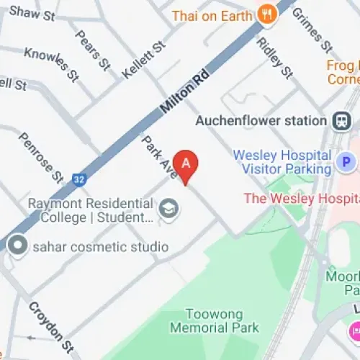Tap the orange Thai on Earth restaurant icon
(268, 14)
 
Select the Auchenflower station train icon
(341, 120)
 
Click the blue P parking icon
(347, 163)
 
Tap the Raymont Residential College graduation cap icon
(170, 210)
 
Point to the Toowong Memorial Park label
(214, 321)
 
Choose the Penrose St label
(41, 158)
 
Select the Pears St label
(91, 50)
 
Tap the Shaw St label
(32, 13)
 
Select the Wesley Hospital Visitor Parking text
(272, 163)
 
